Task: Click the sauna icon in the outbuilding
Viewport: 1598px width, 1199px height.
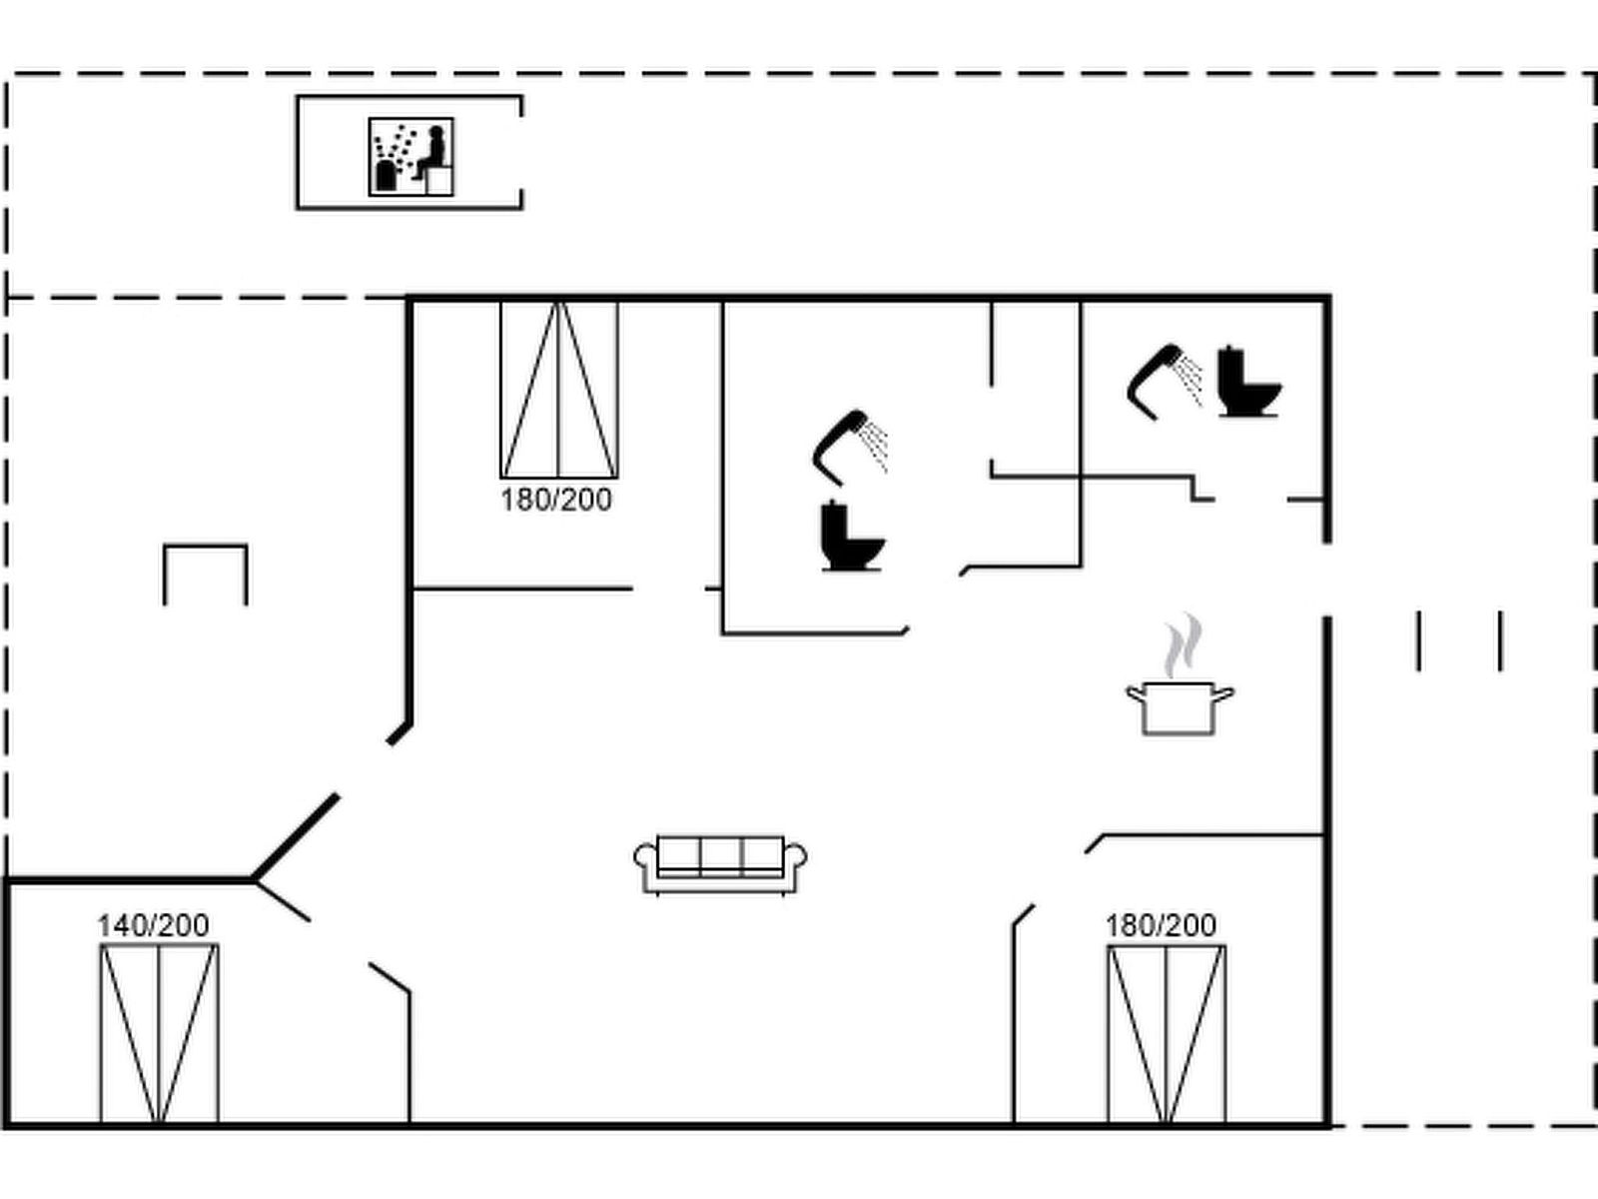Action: click(x=410, y=156)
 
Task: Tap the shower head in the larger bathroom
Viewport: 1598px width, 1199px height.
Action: click(x=849, y=448)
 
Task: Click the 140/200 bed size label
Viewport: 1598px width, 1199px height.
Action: click(x=153, y=925)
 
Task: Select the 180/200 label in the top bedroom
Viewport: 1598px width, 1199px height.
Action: click(x=556, y=500)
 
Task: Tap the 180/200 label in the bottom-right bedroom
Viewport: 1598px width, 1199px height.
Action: click(x=1161, y=925)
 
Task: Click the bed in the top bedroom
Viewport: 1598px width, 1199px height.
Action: click(x=558, y=390)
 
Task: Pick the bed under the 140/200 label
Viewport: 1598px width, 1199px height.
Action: click(x=159, y=1034)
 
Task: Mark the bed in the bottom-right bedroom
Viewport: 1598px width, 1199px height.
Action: click(x=1166, y=1034)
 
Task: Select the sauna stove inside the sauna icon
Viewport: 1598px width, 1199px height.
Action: click(x=385, y=176)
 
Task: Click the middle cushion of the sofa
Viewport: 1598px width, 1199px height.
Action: click(x=720, y=855)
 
